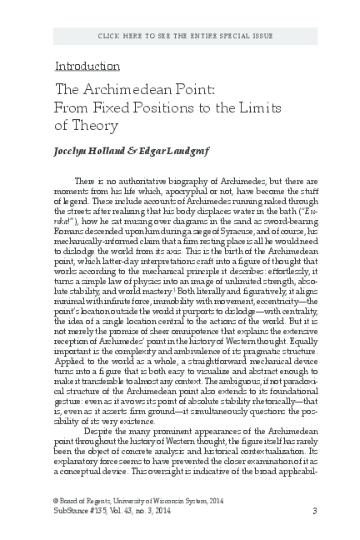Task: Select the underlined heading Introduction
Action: click(x=87, y=66)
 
